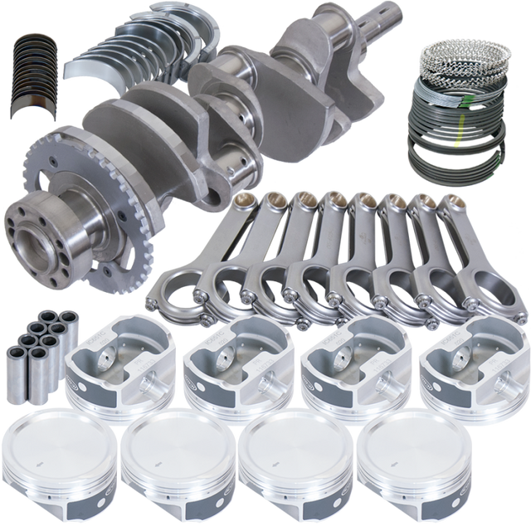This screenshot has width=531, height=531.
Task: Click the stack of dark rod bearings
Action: pos(36,74)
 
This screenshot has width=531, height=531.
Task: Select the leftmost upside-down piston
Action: pos(117,364)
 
